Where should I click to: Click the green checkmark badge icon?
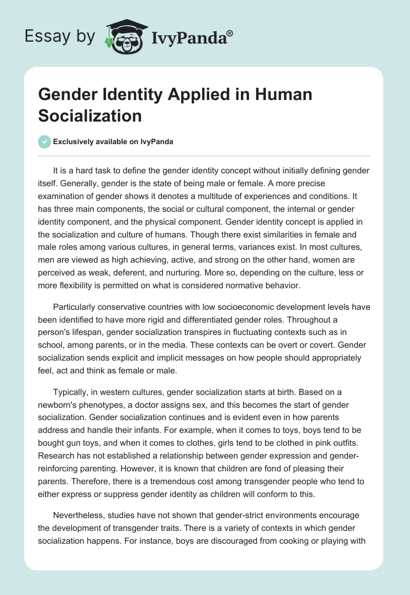(44, 142)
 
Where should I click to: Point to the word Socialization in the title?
(90, 115)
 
